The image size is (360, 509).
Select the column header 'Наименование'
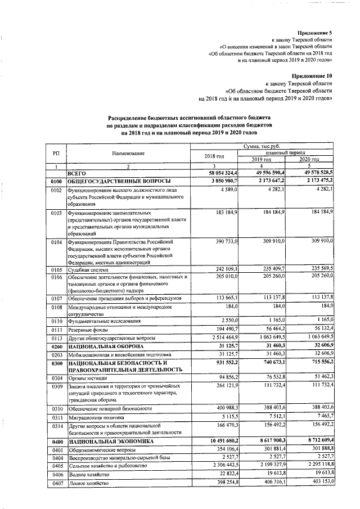[x=128, y=154]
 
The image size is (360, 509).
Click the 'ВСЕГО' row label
[x=76, y=174]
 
